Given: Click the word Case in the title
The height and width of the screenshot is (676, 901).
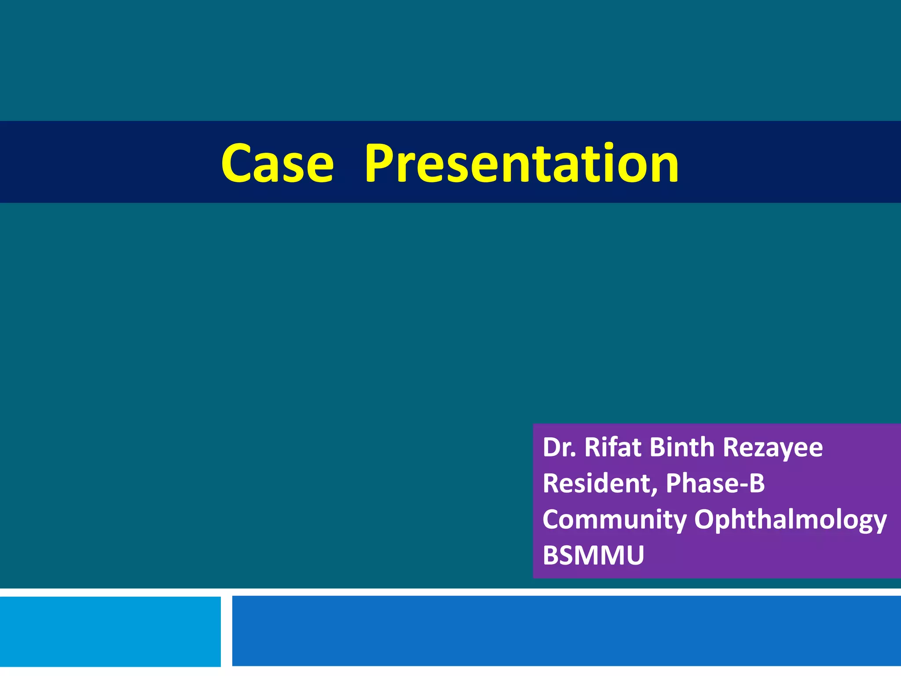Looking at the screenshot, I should click(277, 163).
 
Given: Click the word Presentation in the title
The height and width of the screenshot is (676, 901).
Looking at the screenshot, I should click(522, 163).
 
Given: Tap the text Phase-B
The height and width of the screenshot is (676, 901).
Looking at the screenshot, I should click(715, 483).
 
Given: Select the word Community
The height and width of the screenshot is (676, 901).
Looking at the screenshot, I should click(614, 520).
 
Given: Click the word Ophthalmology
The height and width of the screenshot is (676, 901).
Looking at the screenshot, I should click(790, 520).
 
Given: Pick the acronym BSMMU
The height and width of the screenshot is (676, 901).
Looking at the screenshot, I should click(593, 555).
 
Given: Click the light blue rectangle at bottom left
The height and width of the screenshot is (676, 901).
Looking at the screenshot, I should click(110, 631).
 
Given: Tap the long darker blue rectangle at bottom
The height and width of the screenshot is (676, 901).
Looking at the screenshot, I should click(566, 631).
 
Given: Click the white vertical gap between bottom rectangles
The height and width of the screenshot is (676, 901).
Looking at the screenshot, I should click(226, 631).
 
